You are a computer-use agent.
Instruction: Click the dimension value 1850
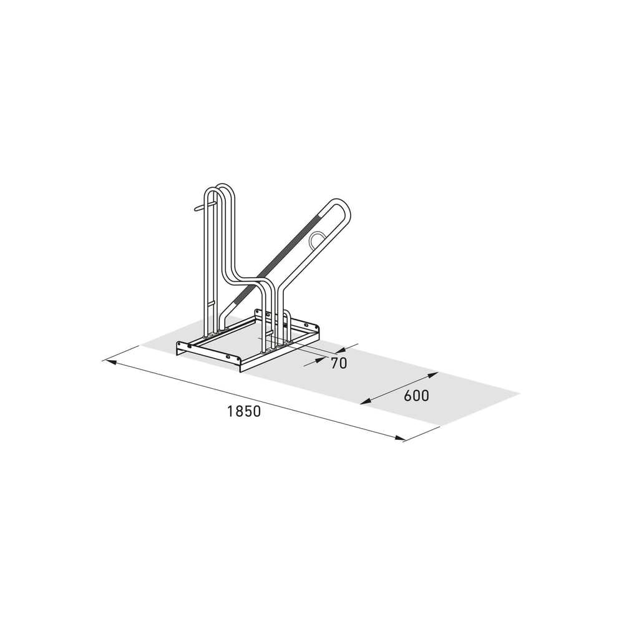pyautogui.click(x=244, y=411)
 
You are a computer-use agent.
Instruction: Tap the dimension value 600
pyautogui.click(x=417, y=396)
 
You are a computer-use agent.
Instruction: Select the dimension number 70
pyautogui.click(x=339, y=363)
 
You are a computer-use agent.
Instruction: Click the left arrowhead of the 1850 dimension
pyautogui.click(x=109, y=362)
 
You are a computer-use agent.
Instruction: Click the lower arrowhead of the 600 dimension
pyautogui.click(x=366, y=401)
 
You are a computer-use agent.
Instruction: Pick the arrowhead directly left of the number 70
pyautogui.click(x=321, y=360)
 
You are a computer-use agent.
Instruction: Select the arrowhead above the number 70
pyautogui.click(x=341, y=350)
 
